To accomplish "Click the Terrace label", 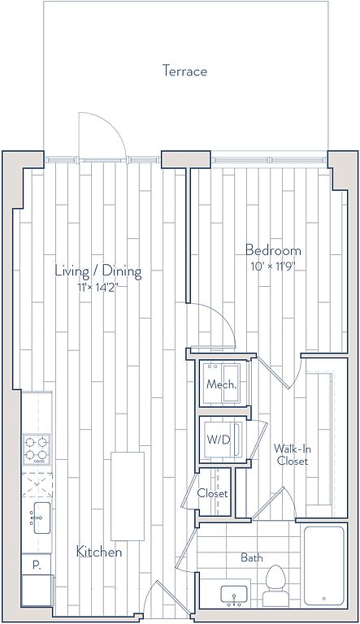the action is pos(184,71).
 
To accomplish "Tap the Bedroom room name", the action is pos(273,250).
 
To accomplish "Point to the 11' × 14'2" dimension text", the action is pos(98,287).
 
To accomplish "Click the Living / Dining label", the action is pos(98,271).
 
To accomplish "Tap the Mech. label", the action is pos(222,385).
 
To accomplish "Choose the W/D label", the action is pos(219,440).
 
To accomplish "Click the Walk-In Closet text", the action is pos(293,455).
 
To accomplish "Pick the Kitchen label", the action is pos(99,552).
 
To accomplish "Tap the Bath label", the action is pos(252,557).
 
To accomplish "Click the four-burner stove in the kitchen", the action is pos(37,449).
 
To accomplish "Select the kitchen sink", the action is pos(41,518).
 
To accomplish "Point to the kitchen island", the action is pos(128,496).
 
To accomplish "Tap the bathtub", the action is pos(323,565).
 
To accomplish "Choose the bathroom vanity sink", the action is pos(234,595).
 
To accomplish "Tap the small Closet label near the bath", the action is pos(213,493).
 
